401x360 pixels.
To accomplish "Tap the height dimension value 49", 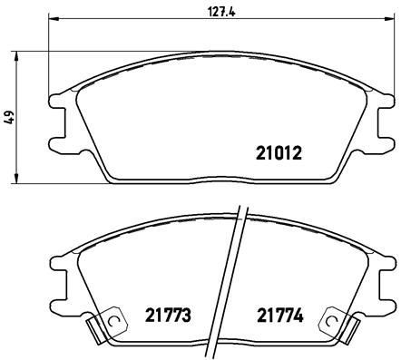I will [x=10, y=117].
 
